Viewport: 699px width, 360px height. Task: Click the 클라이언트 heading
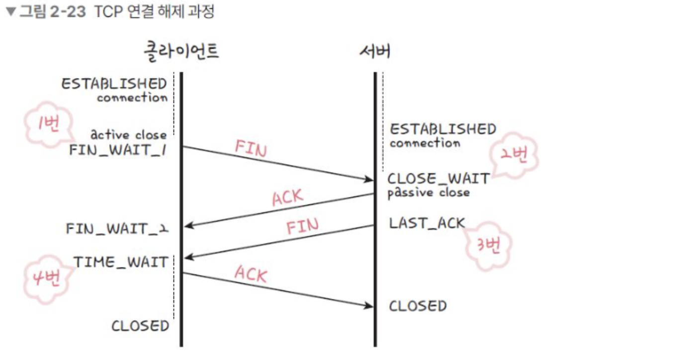[181, 51]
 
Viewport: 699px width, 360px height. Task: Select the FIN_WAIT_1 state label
[118, 150]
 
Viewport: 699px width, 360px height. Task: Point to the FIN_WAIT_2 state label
[117, 229]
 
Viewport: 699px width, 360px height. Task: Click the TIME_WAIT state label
[121, 262]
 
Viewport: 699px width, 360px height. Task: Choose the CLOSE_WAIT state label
[438, 179]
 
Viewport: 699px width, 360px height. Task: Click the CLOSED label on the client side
[140, 326]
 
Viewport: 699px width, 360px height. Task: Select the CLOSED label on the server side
[418, 306]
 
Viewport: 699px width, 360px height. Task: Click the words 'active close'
[129, 135]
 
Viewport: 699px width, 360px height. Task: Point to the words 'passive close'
[429, 192]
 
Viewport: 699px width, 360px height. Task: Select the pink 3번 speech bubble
[488, 246]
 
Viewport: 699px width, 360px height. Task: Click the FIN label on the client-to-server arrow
[251, 148]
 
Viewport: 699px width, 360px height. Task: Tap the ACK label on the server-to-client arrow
[287, 197]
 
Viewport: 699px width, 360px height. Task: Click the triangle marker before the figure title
[11, 12]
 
